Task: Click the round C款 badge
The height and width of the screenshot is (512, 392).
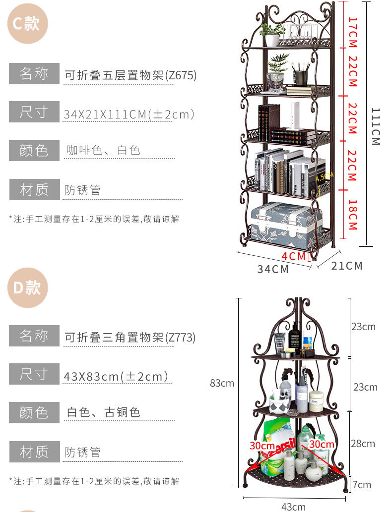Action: tap(27, 23)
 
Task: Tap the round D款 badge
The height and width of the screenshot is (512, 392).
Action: tap(27, 287)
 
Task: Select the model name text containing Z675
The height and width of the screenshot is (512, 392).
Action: tap(131, 75)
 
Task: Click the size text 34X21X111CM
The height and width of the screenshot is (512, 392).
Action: tap(129, 114)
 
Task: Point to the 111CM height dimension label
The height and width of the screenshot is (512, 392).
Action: tap(376, 126)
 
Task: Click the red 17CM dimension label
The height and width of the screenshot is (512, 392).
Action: tap(352, 32)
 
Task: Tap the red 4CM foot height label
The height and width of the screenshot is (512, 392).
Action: tap(294, 256)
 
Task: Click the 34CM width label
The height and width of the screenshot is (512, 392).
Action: tap(273, 269)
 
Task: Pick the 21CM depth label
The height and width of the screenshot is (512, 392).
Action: tap(347, 266)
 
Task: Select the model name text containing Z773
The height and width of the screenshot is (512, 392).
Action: tap(130, 338)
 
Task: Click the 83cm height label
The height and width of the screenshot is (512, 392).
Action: tap(222, 383)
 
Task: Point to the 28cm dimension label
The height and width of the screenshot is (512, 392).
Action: tap(363, 444)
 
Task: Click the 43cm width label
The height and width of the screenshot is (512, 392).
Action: tap(293, 507)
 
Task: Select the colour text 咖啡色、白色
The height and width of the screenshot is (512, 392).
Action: tap(103, 150)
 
